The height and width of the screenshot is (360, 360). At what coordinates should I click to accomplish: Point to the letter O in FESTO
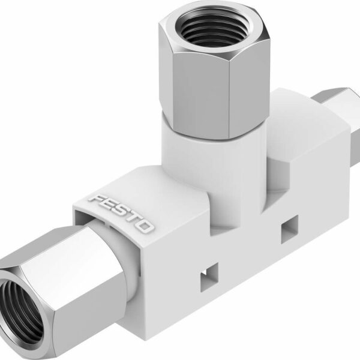click(x=146, y=227)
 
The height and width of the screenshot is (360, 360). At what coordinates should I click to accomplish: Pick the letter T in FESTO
click(x=133, y=219)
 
